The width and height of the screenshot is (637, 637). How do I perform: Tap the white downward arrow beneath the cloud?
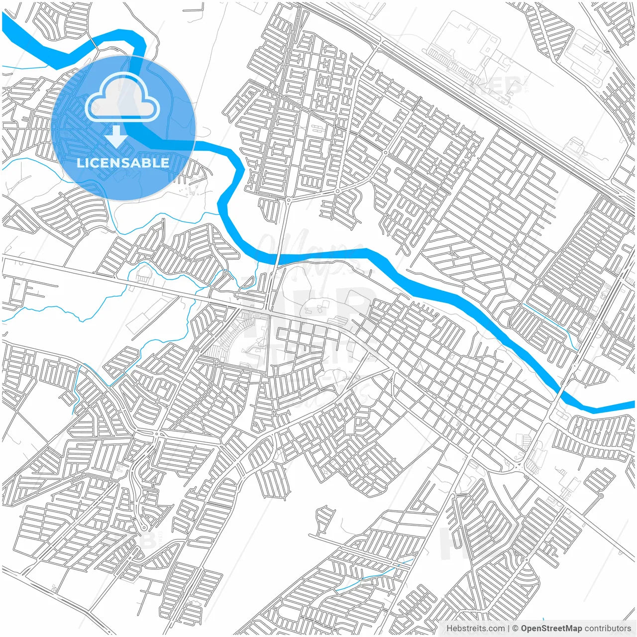pyautogui.click(x=116, y=136)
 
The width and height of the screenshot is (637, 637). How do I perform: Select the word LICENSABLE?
pyautogui.click(x=123, y=163)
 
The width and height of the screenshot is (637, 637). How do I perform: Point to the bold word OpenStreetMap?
pyautogui.click(x=551, y=628)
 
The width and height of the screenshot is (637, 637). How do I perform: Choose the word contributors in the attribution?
pyautogui.click(x=608, y=628)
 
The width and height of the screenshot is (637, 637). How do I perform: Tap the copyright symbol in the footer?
pyautogui.click(x=516, y=628)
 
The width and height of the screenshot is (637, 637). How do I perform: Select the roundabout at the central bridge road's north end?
pyautogui.click(x=289, y=200)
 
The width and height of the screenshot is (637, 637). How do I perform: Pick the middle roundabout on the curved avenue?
pyautogui.click(x=337, y=191)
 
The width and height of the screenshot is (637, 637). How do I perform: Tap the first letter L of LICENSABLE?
pyautogui.click(x=80, y=163)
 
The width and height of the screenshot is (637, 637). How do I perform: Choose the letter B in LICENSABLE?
pyautogui.click(x=148, y=163)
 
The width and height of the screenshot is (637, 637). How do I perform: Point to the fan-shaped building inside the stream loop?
pyautogui.click(x=143, y=274)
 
